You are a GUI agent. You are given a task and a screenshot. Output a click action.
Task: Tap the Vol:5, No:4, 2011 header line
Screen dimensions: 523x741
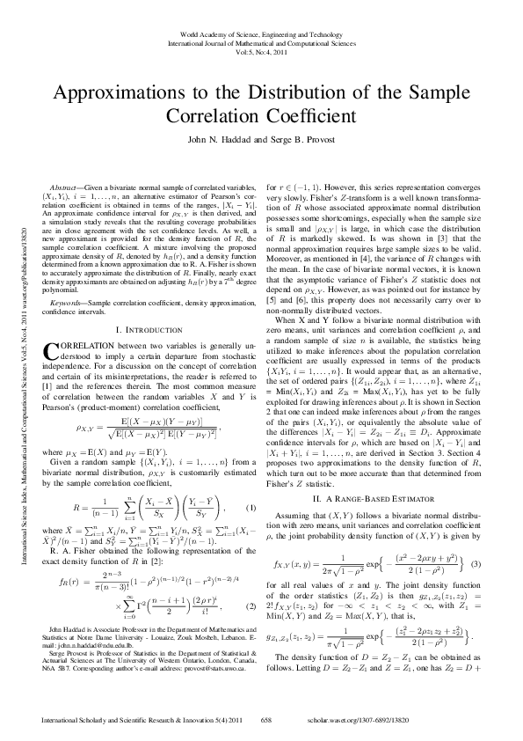261,52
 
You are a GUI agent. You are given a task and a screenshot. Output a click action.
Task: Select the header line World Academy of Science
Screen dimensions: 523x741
261,33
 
